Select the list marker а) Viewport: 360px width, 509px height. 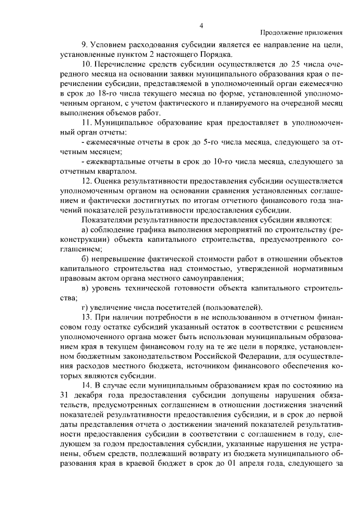[85, 229]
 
